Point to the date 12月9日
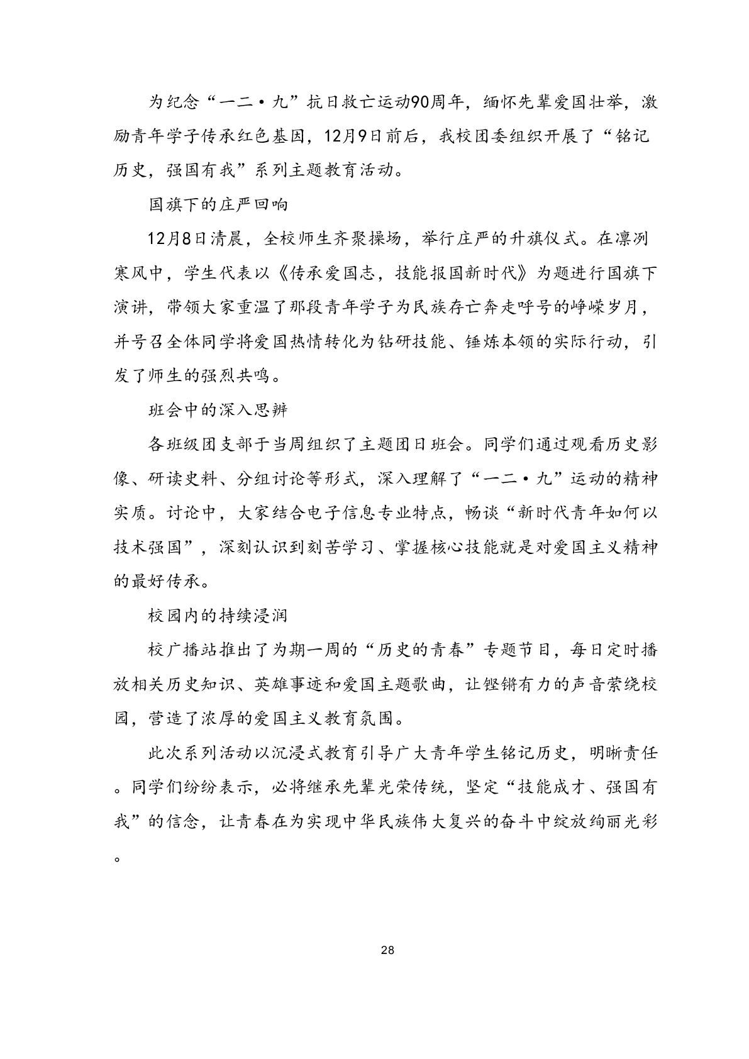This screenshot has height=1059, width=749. tap(339, 136)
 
